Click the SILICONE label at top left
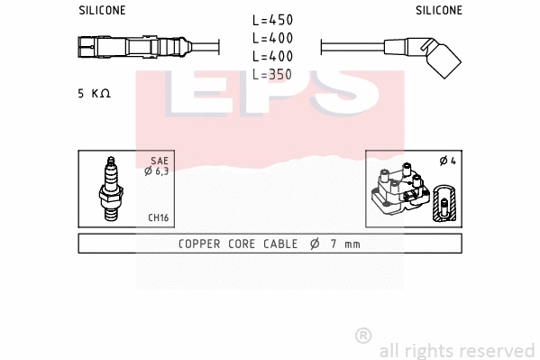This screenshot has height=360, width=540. coord(102,11)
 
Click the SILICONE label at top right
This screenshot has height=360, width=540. coord(439,11)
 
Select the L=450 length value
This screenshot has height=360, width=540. coord(272,20)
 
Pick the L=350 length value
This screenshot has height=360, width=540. coord(272,74)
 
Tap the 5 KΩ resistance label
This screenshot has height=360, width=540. coord(94,94)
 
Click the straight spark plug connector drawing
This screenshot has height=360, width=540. coord(135,46)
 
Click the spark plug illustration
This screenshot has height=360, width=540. coord(112,189)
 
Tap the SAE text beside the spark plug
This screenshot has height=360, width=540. coord(158,162)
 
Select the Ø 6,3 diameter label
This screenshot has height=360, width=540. coord(156,171)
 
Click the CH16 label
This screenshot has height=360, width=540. coord(159,217)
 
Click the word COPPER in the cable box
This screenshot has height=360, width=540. coord(199,244)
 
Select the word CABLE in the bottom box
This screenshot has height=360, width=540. coord(281,244)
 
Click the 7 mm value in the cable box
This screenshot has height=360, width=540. coord(344,244)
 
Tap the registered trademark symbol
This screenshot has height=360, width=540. coord(363,335)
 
